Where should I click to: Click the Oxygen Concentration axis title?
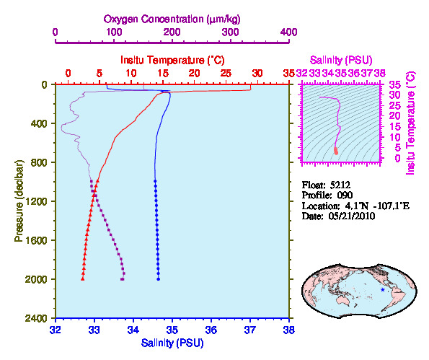(172, 19)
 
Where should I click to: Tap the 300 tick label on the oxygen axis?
(231, 32)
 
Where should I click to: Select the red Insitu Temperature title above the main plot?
(172, 60)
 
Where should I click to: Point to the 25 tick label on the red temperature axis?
(226, 74)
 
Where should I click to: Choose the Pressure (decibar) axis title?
(19, 201)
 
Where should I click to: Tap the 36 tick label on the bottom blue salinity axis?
(211, 330)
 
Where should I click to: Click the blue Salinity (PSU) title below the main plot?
(172, 343)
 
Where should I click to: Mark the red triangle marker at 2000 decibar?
(83, 278)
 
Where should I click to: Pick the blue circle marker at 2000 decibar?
(159, 279)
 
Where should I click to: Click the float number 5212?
(340, 185)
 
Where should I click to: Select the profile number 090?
(345, 196)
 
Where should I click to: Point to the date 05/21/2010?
(352, 216)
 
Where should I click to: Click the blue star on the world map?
(382, 289)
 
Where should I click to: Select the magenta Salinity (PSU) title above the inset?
(341, 60)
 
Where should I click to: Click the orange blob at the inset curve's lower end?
(336, 151)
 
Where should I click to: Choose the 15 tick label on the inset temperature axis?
(395, 127)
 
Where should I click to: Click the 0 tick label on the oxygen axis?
(56, 32)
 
